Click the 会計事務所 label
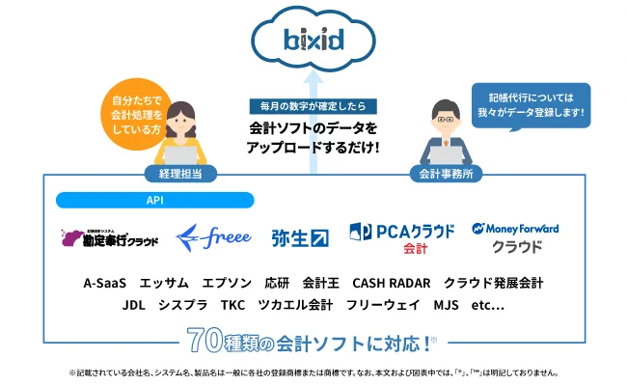[444, 175]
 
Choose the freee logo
[214, 236]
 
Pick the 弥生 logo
[299, 236]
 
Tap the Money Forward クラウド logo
[516, 236]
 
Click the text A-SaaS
[105, 283]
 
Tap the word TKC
[232, 305]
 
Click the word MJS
[446, 305]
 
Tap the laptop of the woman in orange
[179, 154]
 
